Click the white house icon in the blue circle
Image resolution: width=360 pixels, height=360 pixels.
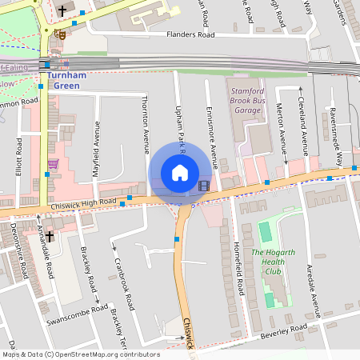(180, 173)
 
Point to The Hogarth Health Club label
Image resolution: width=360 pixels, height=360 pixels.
(273, 262)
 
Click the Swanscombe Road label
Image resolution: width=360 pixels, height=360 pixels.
(77, 313)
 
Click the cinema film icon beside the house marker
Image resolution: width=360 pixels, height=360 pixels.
(203, 186)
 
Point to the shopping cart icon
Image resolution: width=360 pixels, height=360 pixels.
(53, 164)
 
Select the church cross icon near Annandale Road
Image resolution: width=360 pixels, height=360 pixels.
(49, 237)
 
